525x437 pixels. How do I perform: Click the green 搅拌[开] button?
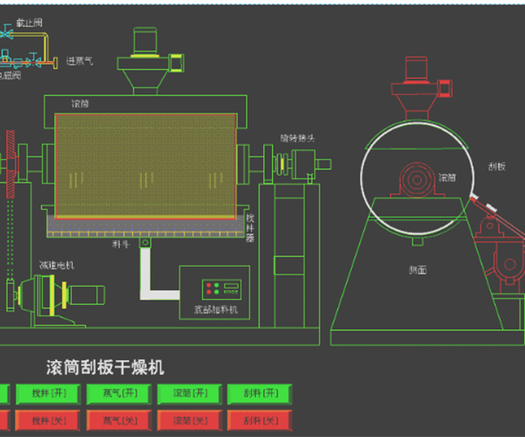point(42,394)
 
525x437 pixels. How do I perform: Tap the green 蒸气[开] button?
point(114,394)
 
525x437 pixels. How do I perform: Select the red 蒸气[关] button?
point(114,420)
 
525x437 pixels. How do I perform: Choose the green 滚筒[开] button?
point(186,394)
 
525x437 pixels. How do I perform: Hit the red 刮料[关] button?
point(258,420)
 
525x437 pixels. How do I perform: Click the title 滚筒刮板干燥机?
point(105,367)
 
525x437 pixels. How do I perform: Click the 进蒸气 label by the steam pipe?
point(80,61)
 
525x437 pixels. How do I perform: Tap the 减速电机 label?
point(56,264)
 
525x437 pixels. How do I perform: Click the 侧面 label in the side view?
point(417,270)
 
